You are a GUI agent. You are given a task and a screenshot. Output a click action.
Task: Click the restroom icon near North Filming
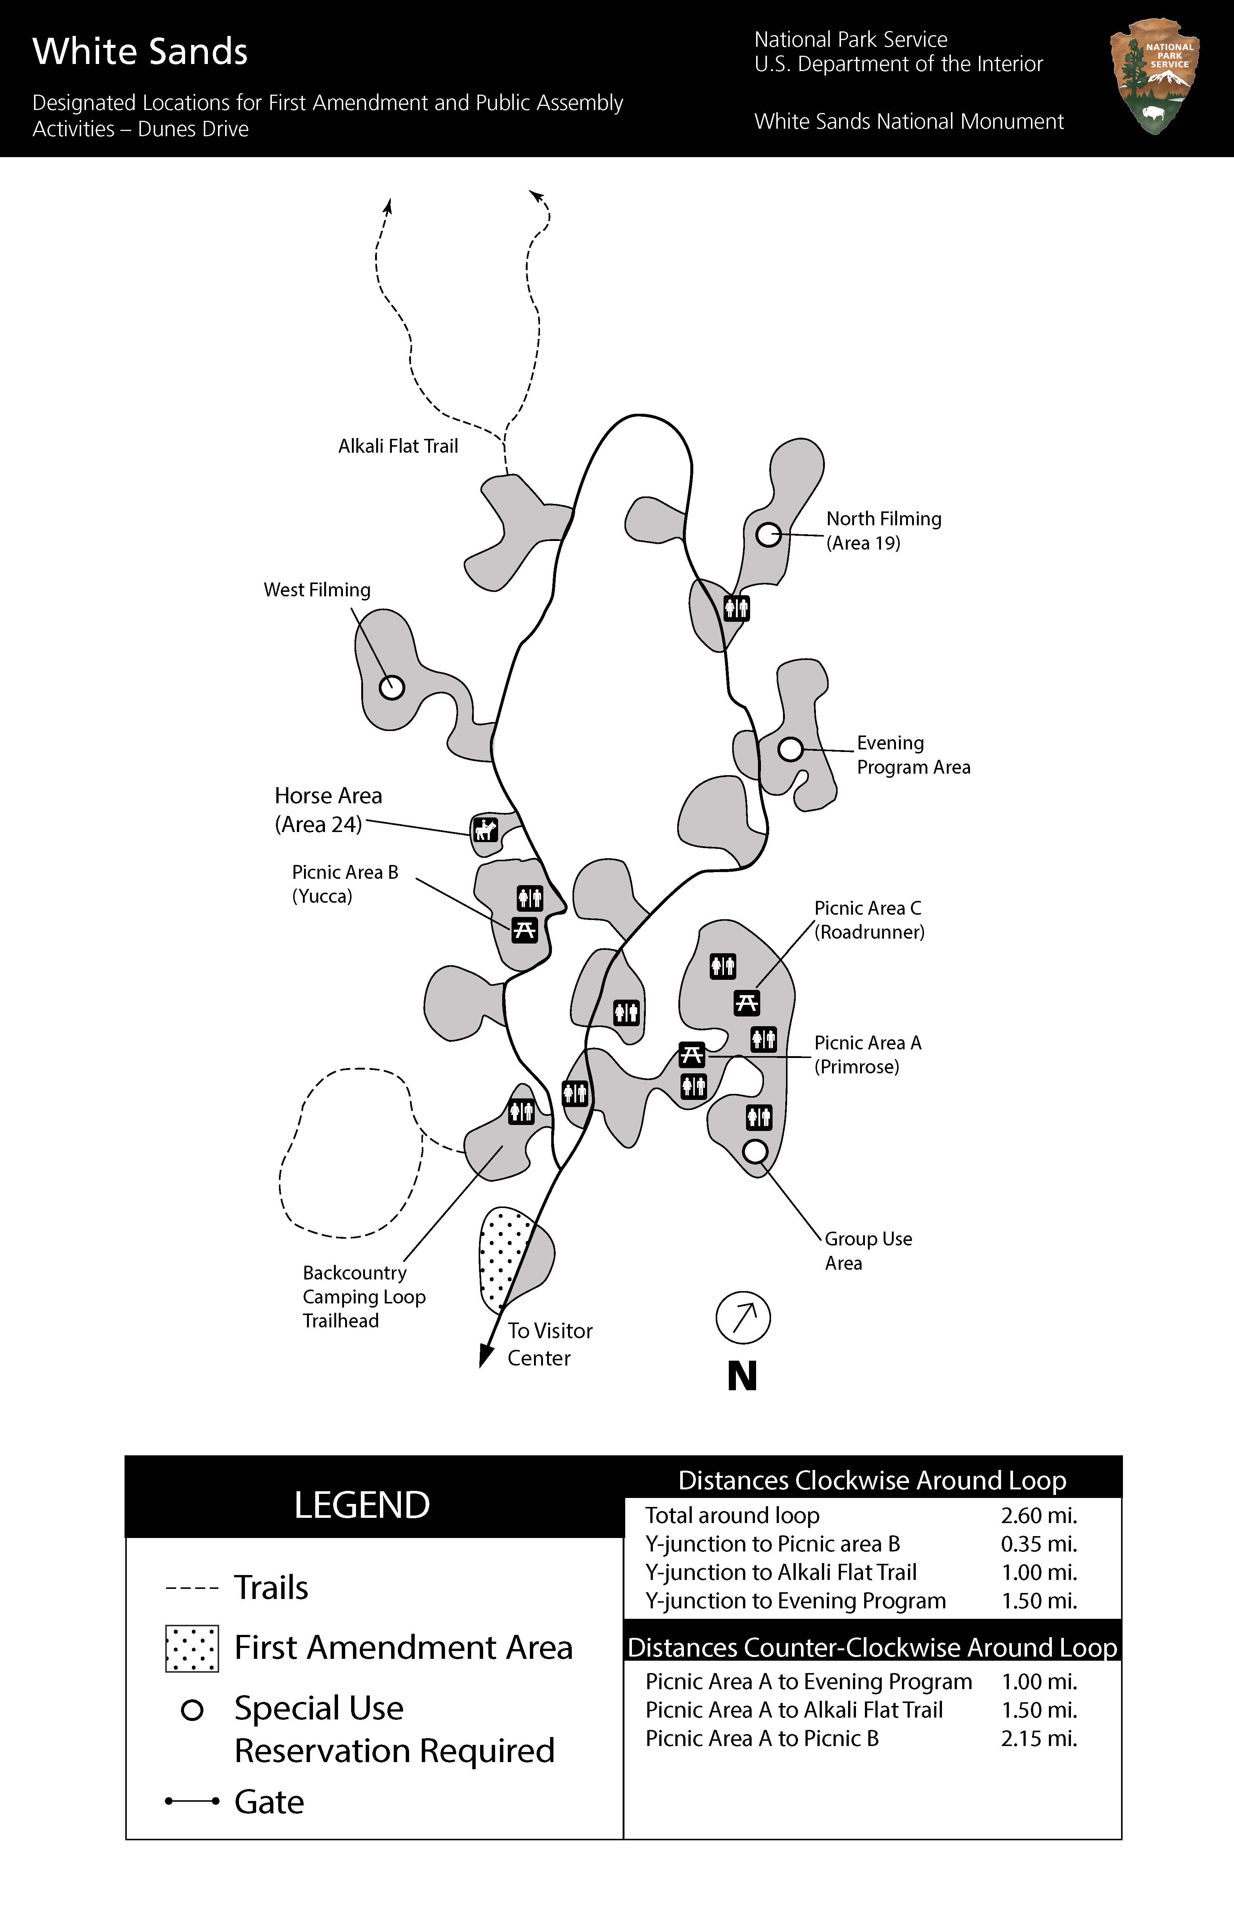point(736,608)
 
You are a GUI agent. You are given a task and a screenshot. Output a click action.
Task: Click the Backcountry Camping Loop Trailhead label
point(364,1296)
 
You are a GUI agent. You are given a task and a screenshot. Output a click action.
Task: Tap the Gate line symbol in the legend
point(191,1801)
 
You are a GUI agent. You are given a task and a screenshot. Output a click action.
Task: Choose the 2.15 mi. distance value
point(1038,1738)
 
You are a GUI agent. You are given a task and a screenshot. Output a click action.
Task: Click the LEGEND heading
point(362,1505)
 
